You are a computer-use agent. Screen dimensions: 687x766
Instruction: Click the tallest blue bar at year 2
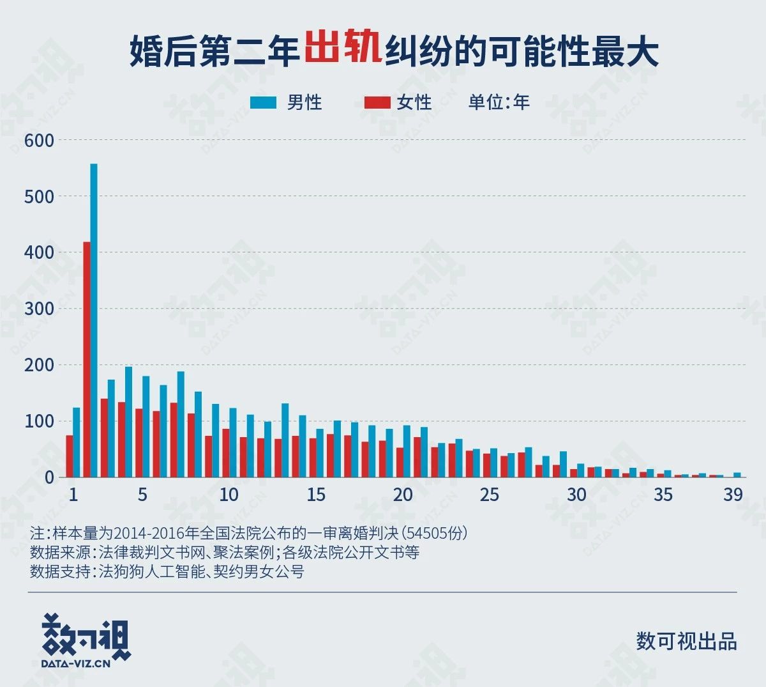[x=94, y=320]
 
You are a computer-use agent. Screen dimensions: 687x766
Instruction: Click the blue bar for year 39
[x=737, y=475]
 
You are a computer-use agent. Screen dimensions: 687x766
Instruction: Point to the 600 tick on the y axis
[x=39, y=140]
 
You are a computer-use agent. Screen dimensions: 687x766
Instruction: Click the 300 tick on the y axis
[x=39, y=309]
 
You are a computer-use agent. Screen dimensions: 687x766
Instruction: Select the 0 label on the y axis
[x=49, y=477]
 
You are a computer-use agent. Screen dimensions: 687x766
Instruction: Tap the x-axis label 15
[x=315, y=495]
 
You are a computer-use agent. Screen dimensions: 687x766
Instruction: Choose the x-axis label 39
[x=733, y=495]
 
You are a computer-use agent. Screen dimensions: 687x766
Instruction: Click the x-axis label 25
[x=489, y=495]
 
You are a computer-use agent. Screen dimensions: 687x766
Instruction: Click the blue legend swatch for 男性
[x=264, y=102]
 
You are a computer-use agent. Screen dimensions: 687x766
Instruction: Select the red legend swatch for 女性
[x=377, y=102]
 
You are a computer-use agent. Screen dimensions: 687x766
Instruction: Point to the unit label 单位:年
[x=499, y=102]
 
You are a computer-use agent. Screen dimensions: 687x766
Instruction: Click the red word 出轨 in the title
[x=343, y=47]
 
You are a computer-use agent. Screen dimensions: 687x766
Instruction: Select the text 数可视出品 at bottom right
[x=686, y=641]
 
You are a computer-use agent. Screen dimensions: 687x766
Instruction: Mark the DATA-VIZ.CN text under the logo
[x=76, y=663]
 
